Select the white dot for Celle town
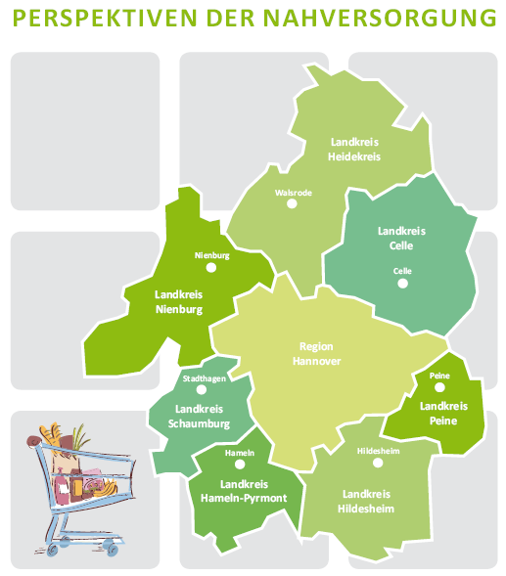coord(400,284)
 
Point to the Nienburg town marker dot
coord(209,268)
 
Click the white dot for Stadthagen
coord(202,388)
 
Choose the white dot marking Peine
coord(439,387)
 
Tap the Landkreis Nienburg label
coord(178,301)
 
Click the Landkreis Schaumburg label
coord(202,417)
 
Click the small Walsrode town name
coord(294,193)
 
